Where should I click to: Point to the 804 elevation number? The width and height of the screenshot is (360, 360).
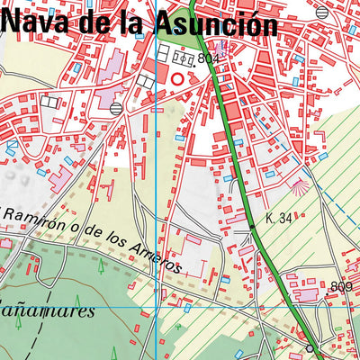pos(209,58)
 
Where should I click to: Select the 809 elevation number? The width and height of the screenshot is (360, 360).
pos(340,287)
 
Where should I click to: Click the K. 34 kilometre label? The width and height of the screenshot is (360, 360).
pos(279,218)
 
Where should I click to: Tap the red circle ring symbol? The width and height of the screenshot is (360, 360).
pos(177,79)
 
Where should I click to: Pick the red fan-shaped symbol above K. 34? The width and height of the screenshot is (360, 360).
pos(299,186)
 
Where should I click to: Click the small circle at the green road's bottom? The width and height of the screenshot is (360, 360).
pos(310,347)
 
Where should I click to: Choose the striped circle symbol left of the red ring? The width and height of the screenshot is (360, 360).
pos(116,107)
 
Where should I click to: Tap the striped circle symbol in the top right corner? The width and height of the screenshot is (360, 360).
pos(322,12)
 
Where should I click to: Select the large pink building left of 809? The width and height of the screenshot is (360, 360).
pos(307,294)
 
